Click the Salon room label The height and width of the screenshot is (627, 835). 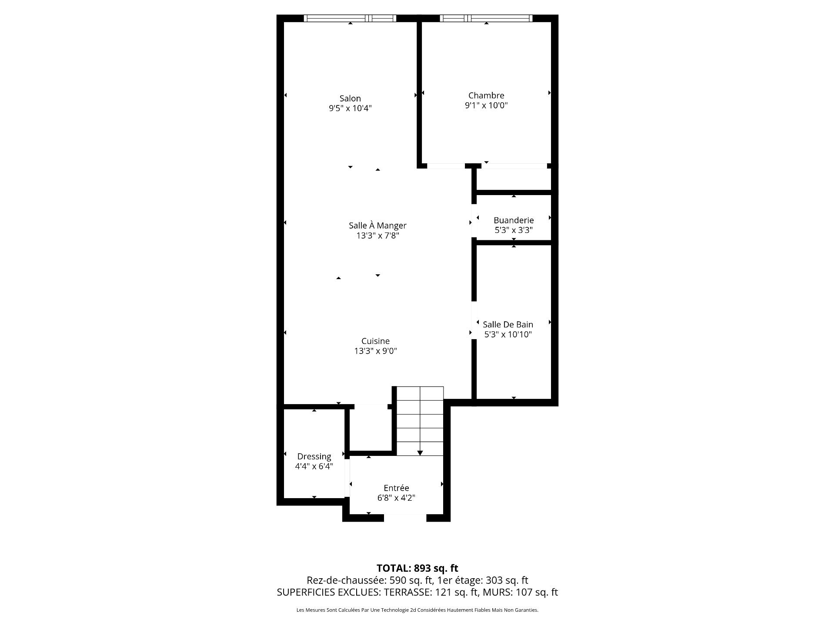[350, 98]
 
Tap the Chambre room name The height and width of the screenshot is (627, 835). [486, 95]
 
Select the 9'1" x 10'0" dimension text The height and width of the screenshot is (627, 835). [486, 105]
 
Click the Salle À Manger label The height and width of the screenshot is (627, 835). [377, 226]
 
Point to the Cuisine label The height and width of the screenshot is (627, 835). [375, 341]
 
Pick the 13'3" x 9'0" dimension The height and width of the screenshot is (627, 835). [375, 351]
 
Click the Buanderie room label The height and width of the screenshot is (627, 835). [514, 220]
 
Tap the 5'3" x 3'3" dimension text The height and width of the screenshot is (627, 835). [514, 230]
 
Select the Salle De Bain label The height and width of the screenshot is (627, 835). [508, 324]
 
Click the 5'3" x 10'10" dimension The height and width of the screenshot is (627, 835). [508, 334]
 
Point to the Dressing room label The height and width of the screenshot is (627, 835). [314, 457]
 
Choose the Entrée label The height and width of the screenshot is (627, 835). [396, 488]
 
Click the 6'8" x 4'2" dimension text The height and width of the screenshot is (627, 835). [396, 498]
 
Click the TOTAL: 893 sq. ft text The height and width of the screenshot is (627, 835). [417, 568]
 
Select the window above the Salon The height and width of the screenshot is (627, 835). [350, 18]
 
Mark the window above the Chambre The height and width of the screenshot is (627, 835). [486, 18]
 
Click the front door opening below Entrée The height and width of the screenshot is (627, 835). [405, 518]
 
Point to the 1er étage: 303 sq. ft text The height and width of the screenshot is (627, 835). [482, 580]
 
